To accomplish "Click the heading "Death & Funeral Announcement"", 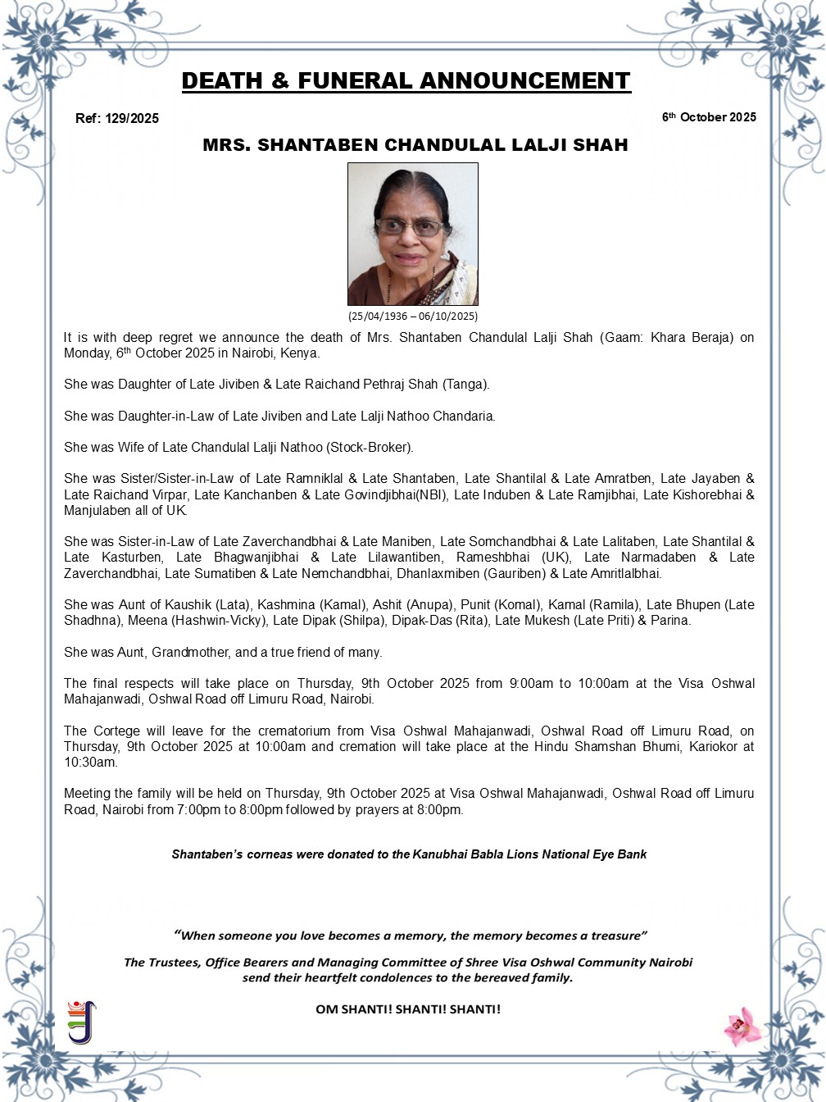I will (406, 81).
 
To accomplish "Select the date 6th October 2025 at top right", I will (709, 117).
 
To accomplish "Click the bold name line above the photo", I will (415, 145).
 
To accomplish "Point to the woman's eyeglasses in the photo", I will (409, 227).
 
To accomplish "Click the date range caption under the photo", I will (412, 316).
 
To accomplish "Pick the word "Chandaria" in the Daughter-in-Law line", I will (463, 416).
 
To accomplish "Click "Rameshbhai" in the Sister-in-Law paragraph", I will (488, 558).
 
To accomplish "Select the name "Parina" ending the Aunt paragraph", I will (669, 621).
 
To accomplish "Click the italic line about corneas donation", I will (409, 854).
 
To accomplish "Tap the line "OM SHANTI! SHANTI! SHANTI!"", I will (408, 1009).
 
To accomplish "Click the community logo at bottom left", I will (81, 1022).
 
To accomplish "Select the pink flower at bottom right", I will (742, 1026).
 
